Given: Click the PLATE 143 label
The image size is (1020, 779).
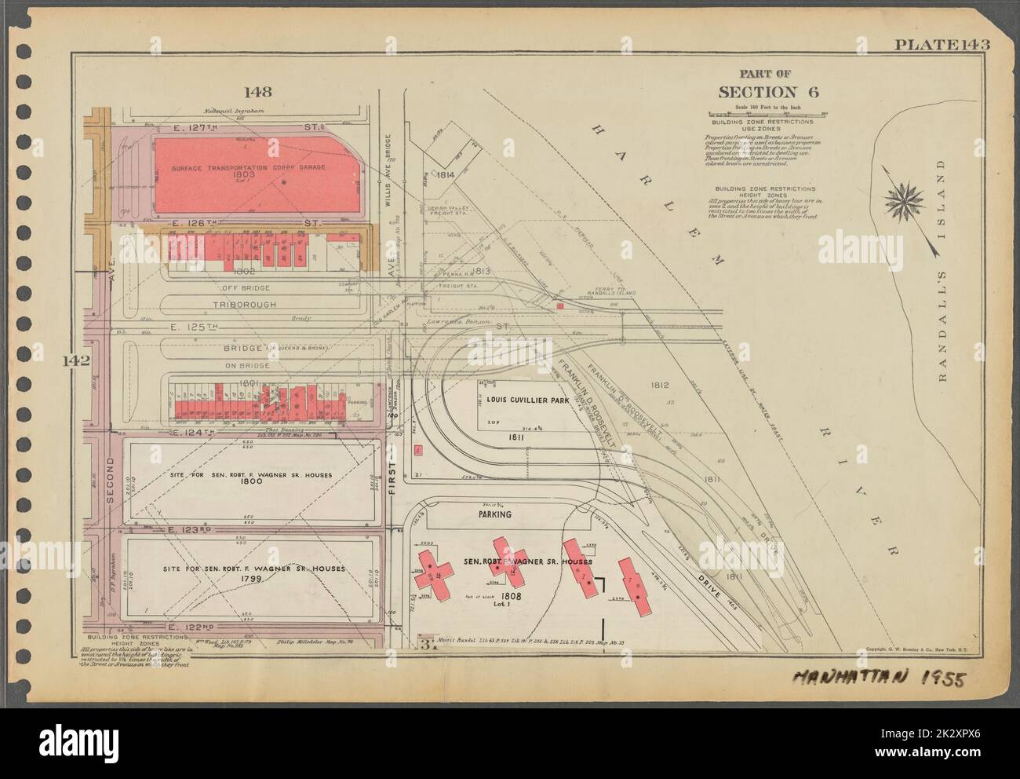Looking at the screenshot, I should point(942,45).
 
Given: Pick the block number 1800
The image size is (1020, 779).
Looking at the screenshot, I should point(246,486).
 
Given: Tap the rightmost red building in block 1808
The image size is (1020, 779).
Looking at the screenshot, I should point(632,582).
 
